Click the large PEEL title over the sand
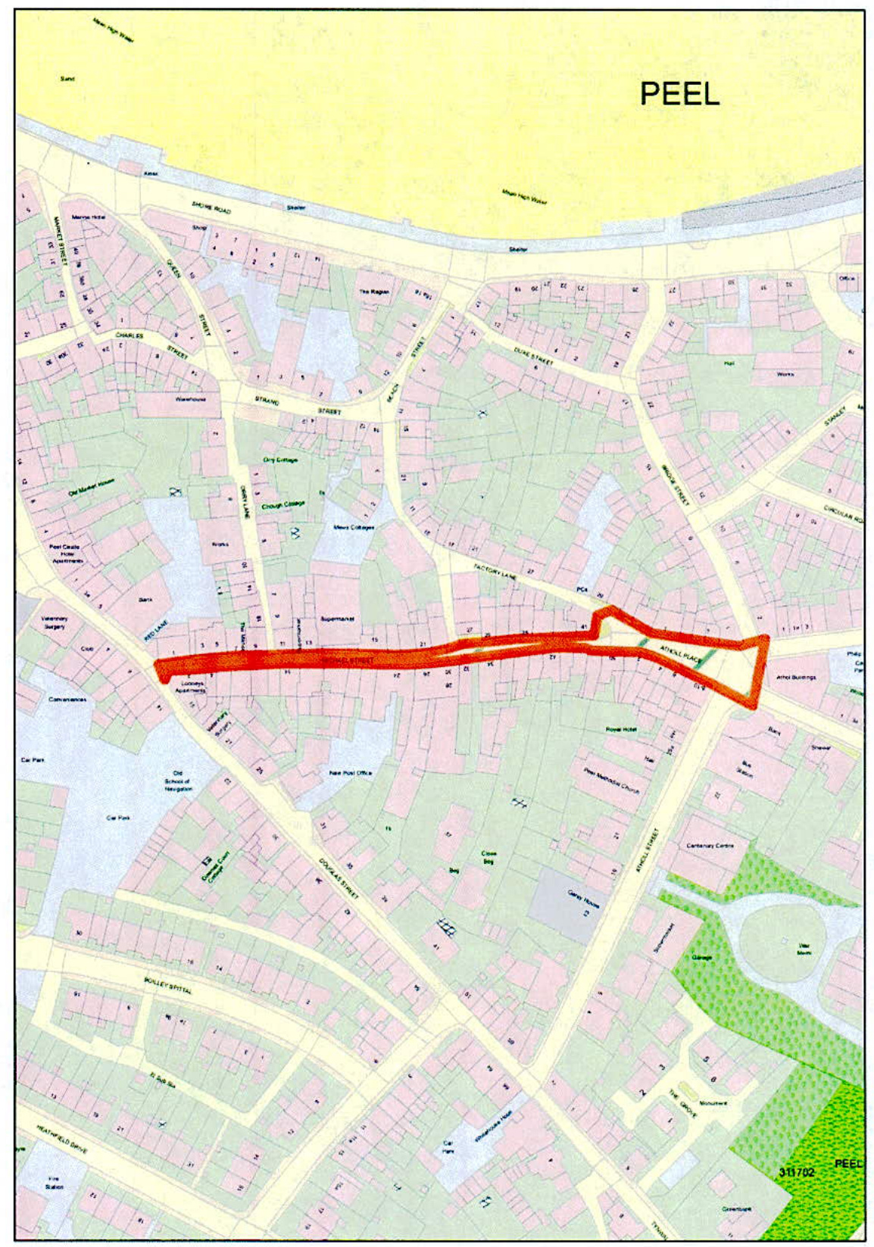point(679,94)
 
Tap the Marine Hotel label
point(88,217)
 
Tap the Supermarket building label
point(337,619)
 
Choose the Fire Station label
point(54,1183)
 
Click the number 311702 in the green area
point(797,1172)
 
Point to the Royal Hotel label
point(620,729)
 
